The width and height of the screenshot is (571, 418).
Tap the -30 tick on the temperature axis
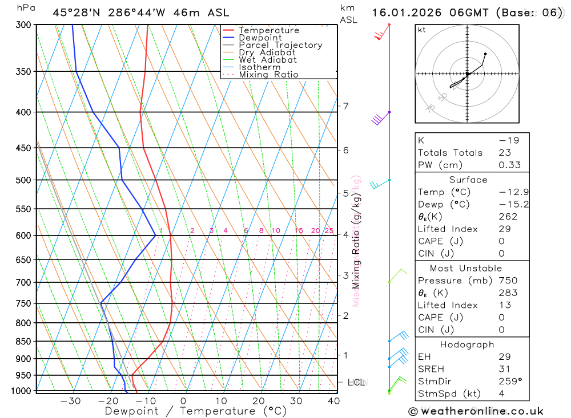(x=70, y=401)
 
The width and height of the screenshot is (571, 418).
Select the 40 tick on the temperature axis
(x=334, y=401)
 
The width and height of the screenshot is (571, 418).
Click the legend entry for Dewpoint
(x=260, y=38)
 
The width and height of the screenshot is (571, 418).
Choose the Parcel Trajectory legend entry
(x=280, y=45)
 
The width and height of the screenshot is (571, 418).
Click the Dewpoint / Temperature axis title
(x=196, y=411)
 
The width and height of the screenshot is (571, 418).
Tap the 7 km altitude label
(x=345, y=106)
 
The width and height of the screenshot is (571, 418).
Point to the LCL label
(x=356, y=382)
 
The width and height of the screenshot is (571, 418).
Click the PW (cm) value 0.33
(x=509, y=165)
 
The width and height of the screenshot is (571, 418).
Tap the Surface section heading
(x=468, y=180)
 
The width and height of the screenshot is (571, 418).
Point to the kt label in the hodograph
(x=422, y=30)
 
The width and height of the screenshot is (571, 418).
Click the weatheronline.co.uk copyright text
(x=476, y=411)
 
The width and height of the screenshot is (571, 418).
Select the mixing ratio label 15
(x=299, y=230)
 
